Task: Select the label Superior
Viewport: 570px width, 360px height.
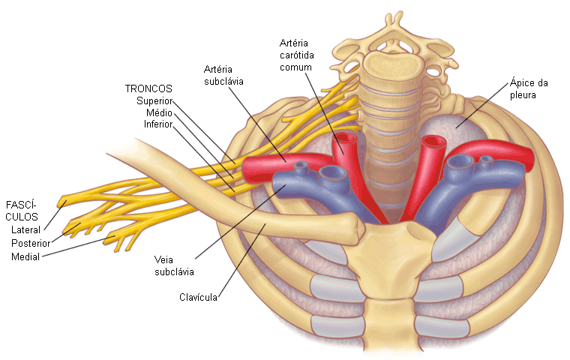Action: tap(155, 100)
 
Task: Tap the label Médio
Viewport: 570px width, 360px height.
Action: tap(159, 112)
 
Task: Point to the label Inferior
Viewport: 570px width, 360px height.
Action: tap(158, 124)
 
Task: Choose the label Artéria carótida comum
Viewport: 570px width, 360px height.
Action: tap(295, 55)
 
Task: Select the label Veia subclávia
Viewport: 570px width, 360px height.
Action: tap(175, 266)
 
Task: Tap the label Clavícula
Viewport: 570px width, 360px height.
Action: tap(199, 298)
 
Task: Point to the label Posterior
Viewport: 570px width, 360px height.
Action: tap(31, 243)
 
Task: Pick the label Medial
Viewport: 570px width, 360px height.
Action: tap(26, 256)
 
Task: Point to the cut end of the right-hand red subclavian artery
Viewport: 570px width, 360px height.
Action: tap(531, 158)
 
